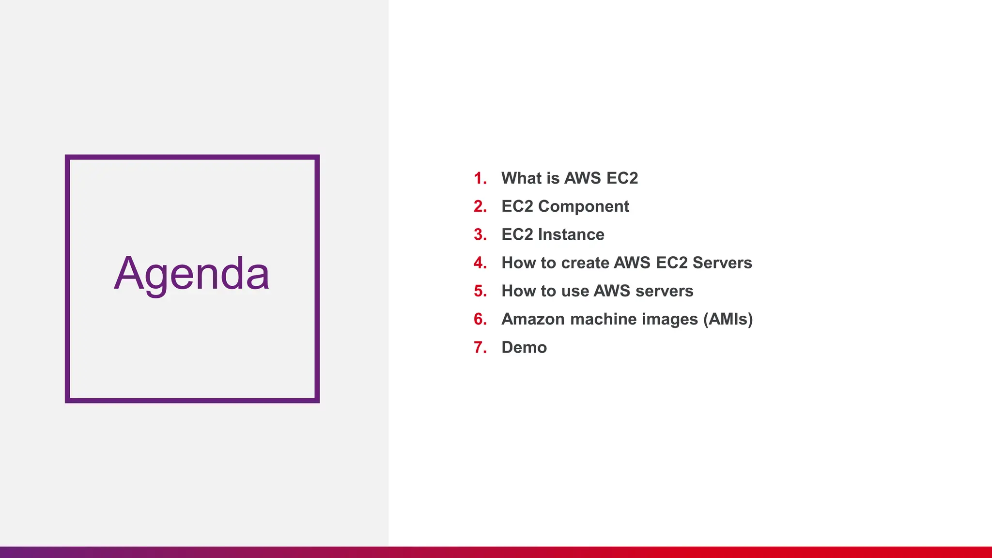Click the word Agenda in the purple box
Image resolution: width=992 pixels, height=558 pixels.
(191, 274)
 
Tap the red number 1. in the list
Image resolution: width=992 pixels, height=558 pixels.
(480, 178)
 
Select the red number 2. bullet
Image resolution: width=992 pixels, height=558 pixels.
(480, 206)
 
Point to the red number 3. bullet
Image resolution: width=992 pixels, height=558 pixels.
(480, 234)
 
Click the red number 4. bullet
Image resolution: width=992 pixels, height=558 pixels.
(480, 263)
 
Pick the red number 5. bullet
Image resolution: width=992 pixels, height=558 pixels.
(480, 291)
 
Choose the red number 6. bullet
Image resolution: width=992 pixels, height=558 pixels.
(480, 319)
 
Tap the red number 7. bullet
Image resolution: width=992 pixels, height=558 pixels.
(480, 347)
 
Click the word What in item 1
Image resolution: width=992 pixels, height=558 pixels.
(521, 178)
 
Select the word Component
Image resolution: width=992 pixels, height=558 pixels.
(584, 206)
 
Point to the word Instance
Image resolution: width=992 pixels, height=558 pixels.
(571, 234)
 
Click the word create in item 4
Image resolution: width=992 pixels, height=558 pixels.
(585, 263)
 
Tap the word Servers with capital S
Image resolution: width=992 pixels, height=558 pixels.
(722, 263)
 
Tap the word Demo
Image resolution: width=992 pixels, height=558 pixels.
(524, 347)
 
